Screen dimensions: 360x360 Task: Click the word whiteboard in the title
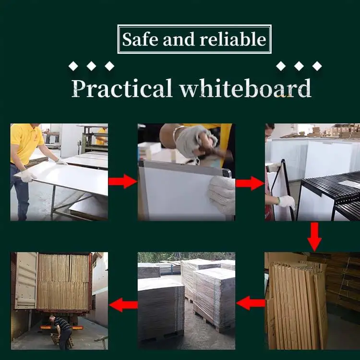point(244,88)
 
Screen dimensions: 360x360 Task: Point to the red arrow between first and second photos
point(122,181)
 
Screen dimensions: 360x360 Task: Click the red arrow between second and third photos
point(250,182)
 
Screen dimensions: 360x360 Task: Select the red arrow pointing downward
point(314,236)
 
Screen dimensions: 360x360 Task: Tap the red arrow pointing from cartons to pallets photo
point(250,303)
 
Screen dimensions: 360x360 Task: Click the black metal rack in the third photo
point(336,192)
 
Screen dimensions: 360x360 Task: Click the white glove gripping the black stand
point(286,202)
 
